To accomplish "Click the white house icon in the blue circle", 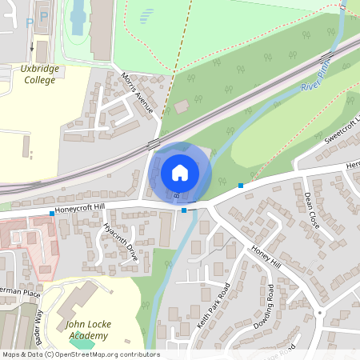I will click(180, 172).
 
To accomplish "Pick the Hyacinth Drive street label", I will click(120, 242).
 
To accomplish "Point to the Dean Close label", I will click(312, 210).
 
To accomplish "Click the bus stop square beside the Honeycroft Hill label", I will click(52, 213).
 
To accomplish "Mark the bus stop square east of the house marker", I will click(240, 186).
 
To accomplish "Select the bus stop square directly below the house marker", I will click(184, 210).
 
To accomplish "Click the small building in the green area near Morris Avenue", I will click(182, 106).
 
